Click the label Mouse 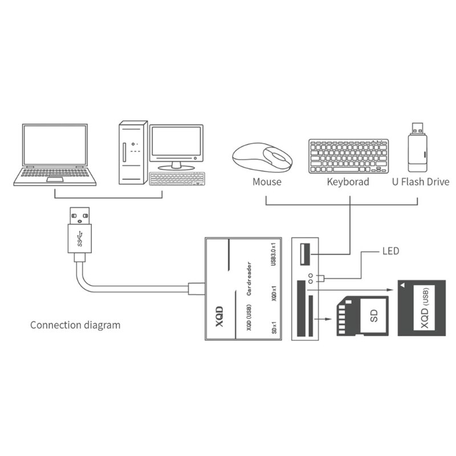[x=267, y=182]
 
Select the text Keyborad [x=348, y=182]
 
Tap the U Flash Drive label [x=421, y=182]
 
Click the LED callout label [x=391, y=251]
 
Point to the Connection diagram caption [x=75, y=325]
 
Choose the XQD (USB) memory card [x=422, y=310]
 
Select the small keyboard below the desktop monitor [x=176, y=178]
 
